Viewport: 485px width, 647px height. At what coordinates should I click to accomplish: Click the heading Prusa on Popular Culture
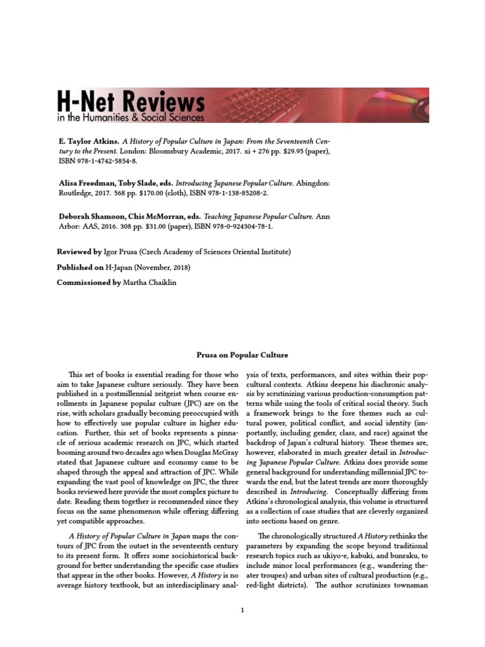(242, 355)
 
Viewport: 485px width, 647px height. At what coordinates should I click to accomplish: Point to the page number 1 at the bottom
(242, 610)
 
